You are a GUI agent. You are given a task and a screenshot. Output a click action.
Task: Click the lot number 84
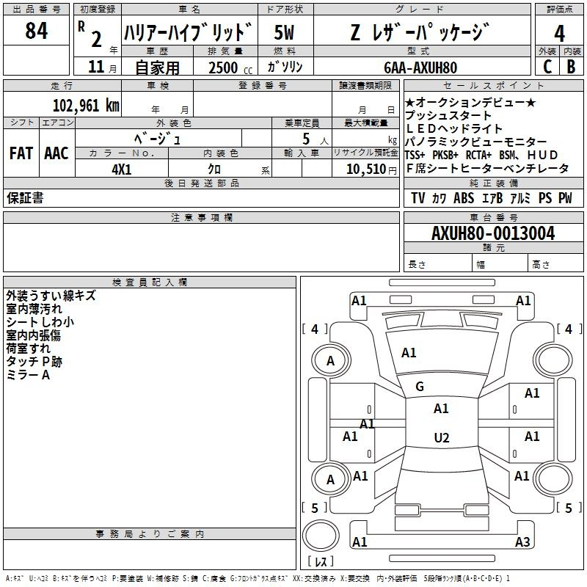tap(37, 32)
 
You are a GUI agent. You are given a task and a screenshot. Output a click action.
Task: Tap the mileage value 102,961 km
tap(86, 105)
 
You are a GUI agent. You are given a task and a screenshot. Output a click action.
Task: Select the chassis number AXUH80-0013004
tap(492, 233)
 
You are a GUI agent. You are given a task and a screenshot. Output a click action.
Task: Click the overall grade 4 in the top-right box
tap(559, 33)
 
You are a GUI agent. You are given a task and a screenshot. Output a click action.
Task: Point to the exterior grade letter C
tap(547, 66)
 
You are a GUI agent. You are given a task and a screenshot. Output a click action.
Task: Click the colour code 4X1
tap(121, 169)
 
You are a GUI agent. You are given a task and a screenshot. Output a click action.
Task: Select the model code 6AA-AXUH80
tap(420, 67)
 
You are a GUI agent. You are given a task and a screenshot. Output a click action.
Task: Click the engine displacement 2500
tap(223, 67)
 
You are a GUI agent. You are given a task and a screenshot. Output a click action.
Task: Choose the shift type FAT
tap(21, 153)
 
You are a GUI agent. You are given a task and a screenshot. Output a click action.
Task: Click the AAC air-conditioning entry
tap(56, 153)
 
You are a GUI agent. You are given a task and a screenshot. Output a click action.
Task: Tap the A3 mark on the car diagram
tap(522, 542)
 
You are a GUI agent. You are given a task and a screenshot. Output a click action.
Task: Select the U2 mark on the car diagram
tap(441, 438)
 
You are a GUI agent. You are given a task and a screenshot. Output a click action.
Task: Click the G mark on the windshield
tap(420, 387)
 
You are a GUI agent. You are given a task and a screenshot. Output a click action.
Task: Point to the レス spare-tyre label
tap(321, 562)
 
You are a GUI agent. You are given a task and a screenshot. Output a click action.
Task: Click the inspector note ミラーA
tap(28, 375)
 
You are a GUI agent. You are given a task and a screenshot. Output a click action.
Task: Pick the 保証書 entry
tap(25, 197)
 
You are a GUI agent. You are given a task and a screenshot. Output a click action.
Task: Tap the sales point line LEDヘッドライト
tap(454, 129)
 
